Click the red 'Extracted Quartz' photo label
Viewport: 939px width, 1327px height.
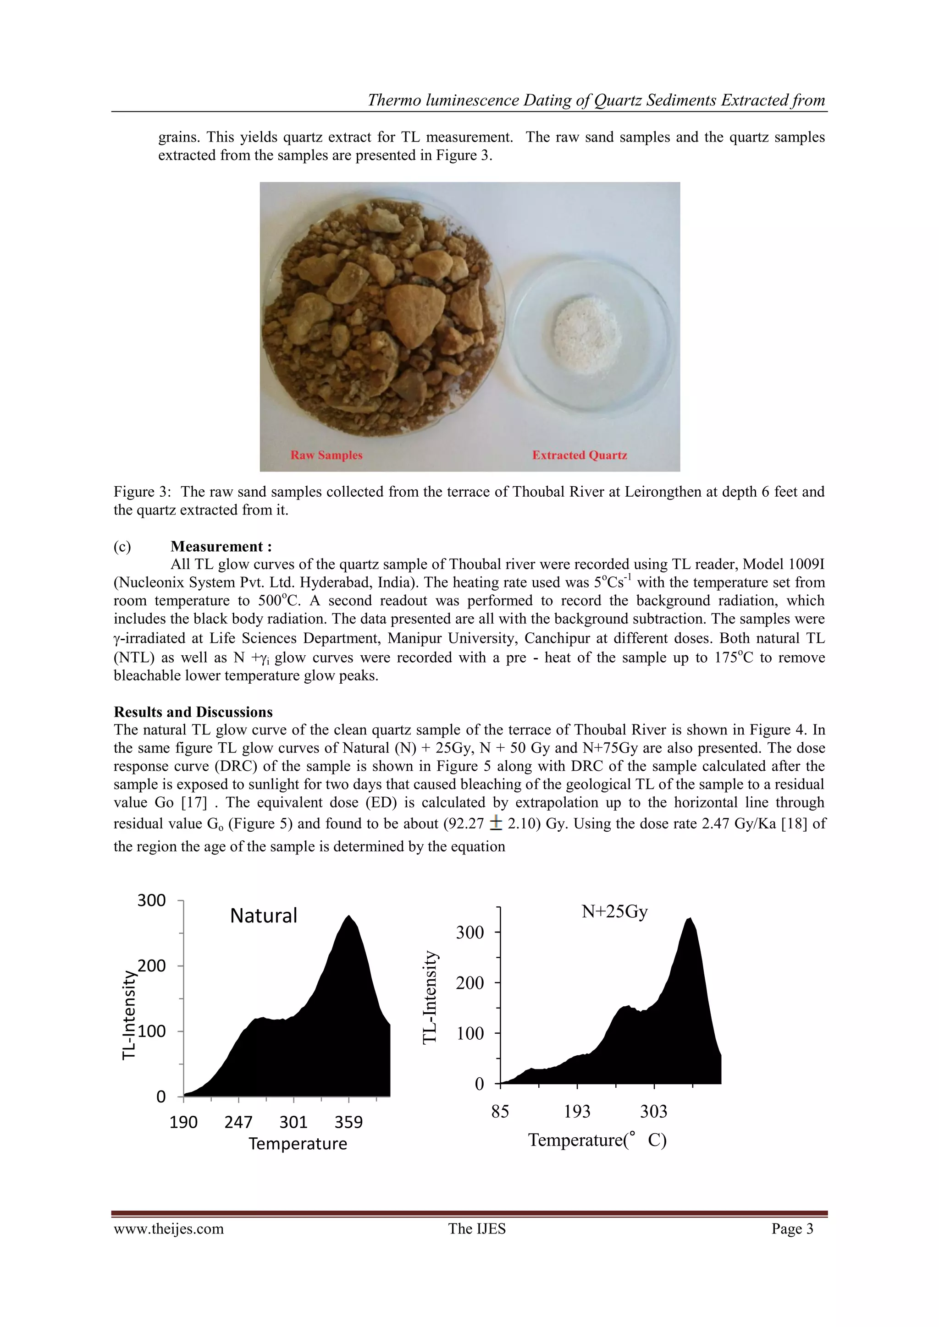tap(580, 455)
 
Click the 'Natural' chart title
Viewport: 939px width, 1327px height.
tap(264, 916)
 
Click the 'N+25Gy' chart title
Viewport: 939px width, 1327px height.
tap(614, 911)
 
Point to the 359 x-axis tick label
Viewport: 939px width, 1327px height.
tap(348, 1122)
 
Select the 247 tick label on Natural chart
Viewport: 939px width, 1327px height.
tap(238, 1122)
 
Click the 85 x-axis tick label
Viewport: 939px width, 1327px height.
tap(500, 1111)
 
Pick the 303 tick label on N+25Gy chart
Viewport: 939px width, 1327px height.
tap(653, 1111)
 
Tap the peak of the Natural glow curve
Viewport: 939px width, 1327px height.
tap(348, 916)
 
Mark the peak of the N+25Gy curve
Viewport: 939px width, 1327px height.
tap(690, 918)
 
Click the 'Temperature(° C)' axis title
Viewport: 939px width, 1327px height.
tap(597, 1140)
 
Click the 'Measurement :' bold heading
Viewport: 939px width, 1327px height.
tap(221, 546)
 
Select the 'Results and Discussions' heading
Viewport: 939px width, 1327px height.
tap(193, 712)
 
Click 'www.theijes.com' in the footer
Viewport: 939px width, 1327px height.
tap(168, 1228)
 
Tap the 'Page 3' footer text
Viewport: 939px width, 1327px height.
tap(792, 1228)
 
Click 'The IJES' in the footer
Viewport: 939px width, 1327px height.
tap(476, 1228)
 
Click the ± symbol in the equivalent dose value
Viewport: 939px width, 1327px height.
tap(496, 823)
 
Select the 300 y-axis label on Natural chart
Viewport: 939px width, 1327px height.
tap(151, 900)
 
